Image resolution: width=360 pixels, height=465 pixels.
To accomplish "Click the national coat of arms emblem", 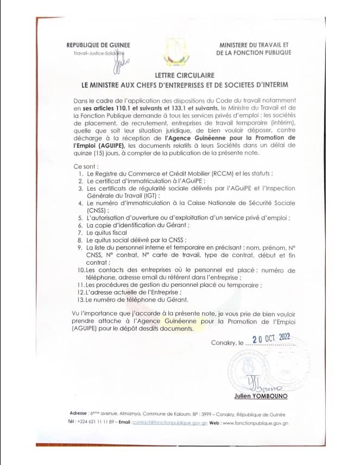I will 179,51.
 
